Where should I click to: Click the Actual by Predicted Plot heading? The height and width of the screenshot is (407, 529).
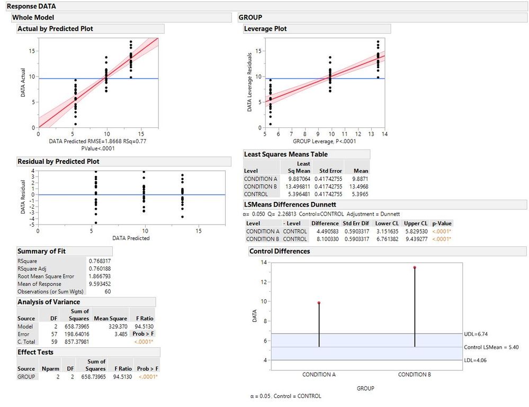click(56, 29)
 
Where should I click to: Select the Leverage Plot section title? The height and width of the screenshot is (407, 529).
click(265, 29)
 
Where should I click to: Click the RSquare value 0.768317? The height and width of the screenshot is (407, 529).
click(100, 261)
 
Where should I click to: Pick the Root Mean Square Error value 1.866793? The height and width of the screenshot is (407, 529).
click(100, 276)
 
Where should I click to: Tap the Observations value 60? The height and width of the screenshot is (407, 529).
click(107, 292)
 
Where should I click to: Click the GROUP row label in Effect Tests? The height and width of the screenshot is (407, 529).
click(26, 377)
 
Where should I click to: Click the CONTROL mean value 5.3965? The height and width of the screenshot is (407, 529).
click(359, 194)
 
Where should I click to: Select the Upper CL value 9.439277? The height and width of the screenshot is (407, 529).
click(415, 239)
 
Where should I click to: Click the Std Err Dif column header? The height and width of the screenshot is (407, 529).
click(356, 224)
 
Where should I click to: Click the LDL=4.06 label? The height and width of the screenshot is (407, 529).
click(477, 360)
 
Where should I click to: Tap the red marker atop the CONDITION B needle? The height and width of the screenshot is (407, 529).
click(415, 267)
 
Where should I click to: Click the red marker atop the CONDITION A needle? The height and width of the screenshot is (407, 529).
click(319, 303)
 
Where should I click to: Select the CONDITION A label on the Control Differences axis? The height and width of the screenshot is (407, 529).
click(319, 375)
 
